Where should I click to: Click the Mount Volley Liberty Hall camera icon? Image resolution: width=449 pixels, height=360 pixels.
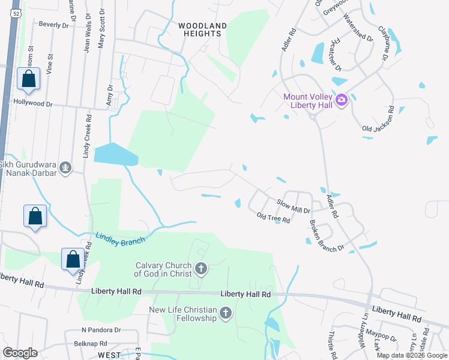(342, 100)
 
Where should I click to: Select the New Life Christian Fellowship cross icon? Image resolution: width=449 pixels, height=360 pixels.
(226, 313)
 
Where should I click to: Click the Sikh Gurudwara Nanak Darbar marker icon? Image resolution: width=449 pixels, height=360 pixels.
(66, 169)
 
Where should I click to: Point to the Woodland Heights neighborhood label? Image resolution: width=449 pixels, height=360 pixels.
(203, 29)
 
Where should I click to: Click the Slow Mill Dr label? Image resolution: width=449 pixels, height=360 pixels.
(293, 206)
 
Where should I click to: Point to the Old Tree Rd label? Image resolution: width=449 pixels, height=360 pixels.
(273, 218)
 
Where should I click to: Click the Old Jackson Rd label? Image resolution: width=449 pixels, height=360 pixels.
(378, 118)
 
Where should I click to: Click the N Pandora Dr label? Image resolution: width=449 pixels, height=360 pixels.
(101, 330)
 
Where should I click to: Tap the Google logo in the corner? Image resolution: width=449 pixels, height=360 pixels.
(20, 353)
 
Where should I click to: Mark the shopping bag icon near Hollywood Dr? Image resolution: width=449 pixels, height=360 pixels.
(28, 79)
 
